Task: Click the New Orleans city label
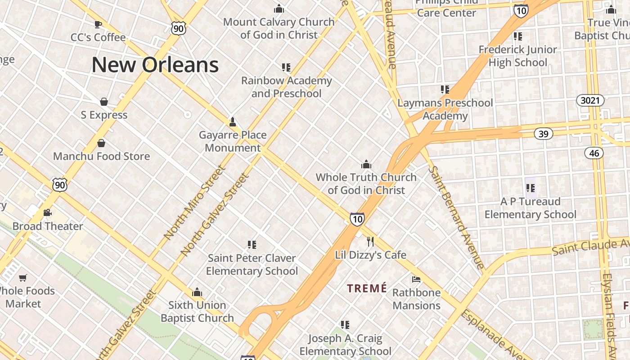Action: tap(155, 65)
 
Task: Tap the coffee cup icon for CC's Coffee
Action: tap(98, 24)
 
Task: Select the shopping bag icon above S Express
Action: tap(104, 102)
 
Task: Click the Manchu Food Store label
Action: tap(102, 156)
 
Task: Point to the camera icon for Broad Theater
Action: tap(47, 213)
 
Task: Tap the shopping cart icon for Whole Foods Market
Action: tap(23, 278)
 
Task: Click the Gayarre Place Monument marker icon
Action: tap(233, 122)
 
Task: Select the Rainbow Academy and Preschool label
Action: tap(287, 87)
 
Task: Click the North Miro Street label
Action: tap(194, 202)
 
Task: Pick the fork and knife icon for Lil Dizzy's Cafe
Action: tap(370, 242)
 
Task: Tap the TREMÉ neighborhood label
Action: tap(367, 288)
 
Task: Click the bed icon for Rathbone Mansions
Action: tap(416, 279)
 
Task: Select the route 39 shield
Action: tap(544, 134)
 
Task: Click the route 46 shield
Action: tap(594, 153)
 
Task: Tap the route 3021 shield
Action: tap(590, 100)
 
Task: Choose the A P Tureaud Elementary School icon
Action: tap(530, 188)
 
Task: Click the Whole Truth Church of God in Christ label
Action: tap(366, 184)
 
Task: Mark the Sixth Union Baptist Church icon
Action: tap(197, 292)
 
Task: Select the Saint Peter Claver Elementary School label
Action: tap(252, 265)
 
